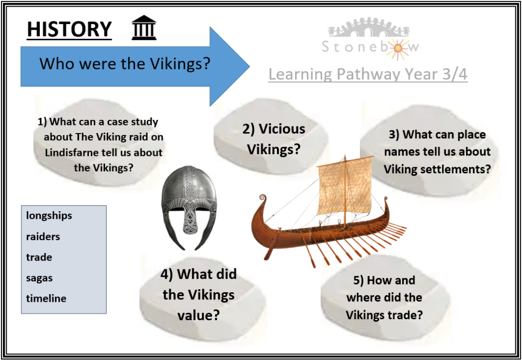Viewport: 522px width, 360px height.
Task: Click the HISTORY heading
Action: (x=69, y=29)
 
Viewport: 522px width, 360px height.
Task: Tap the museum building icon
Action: (x=144, y=28)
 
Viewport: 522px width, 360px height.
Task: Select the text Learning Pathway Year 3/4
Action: (x=368, y=74)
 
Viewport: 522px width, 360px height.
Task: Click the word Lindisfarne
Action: (x=71, y=152)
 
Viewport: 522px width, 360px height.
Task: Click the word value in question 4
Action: (x=198, y=315)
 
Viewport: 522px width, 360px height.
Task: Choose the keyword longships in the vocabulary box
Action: (x=49, y=216)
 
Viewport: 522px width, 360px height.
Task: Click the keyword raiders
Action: (x=43, y=237)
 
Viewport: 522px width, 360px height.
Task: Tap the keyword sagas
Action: (x=39, y=278)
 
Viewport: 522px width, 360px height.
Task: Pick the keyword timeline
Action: (x=46, y=298)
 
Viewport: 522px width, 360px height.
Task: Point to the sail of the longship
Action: (x=345, y=186)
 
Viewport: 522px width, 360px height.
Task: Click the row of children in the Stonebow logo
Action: (x=368, y=28)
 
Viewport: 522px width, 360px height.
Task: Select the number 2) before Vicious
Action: (x=248, y=129)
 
